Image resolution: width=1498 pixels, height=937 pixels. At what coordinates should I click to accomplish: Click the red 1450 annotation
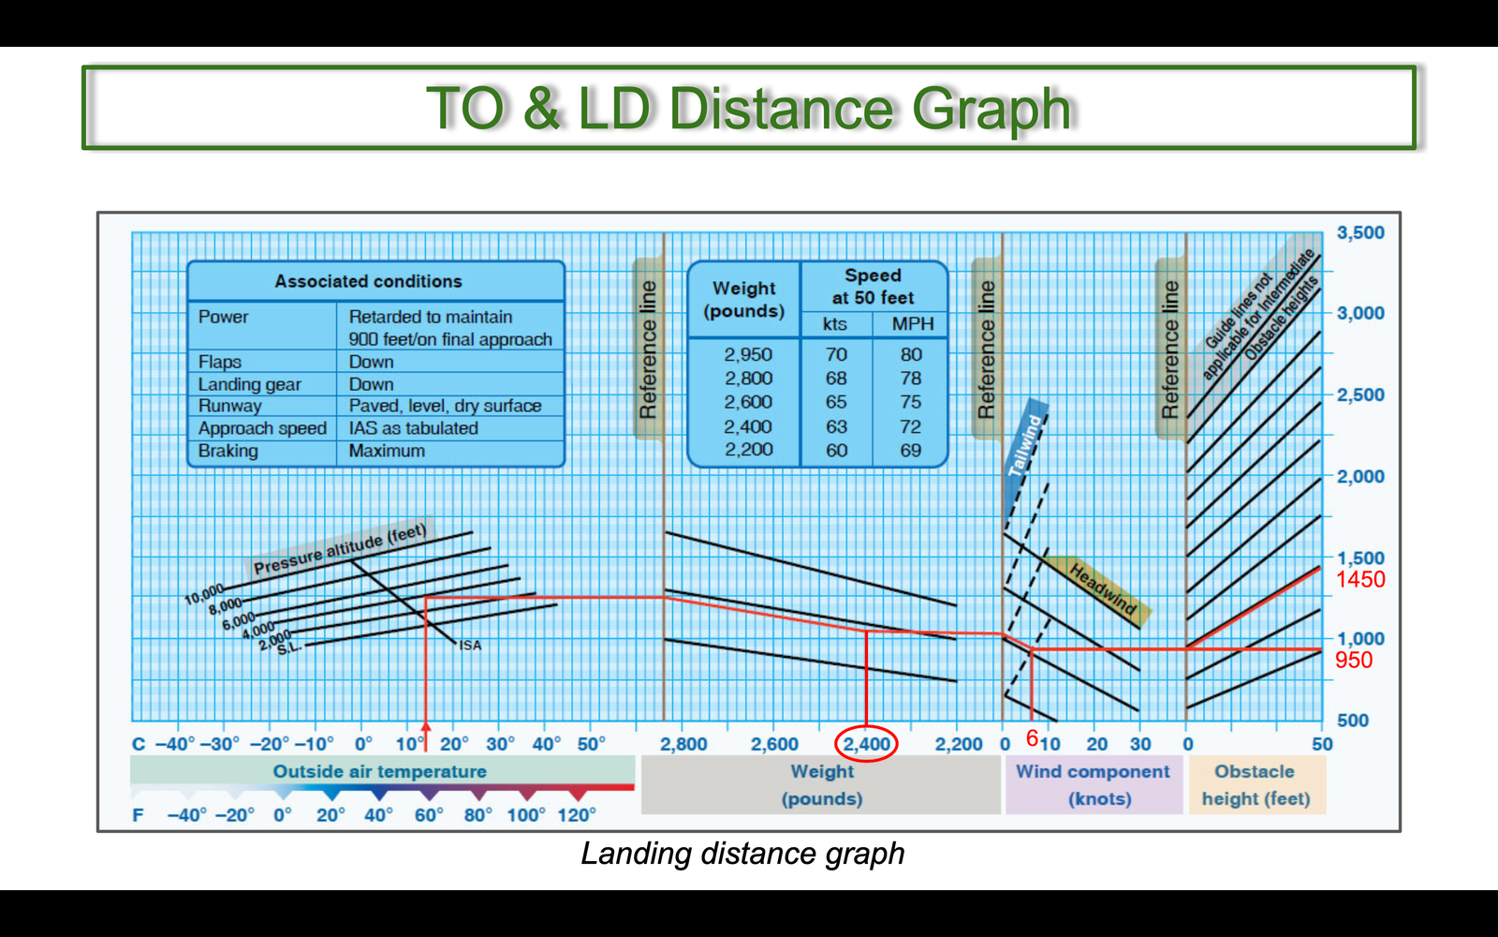click(x=1360, y=579)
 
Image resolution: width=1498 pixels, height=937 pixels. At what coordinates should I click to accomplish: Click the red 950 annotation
click(x=1354, y=660)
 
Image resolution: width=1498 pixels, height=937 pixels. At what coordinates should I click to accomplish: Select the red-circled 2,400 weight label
click(x=866, y=744)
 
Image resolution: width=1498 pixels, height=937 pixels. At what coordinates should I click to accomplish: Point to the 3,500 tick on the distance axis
click(x=1360, y=232)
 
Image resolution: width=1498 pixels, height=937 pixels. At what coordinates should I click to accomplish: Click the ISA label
click(x=470, y=646)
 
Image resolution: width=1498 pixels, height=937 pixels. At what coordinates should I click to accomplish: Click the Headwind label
click(x=1103, y=589)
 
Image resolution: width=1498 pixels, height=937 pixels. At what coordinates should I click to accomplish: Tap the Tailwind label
click(x=1024, y=446)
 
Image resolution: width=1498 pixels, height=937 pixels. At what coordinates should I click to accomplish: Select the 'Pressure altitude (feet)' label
click(x=340, y=549)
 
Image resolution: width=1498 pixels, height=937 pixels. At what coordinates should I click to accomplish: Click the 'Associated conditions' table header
click(x=369, y=281)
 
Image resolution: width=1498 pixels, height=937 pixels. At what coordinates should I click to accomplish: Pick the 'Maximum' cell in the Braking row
click(x=387, y=451)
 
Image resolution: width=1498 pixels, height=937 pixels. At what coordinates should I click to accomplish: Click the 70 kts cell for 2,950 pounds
click(x=836, y=354)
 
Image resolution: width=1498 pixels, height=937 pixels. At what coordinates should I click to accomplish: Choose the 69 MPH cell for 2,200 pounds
click(x=910, y=450)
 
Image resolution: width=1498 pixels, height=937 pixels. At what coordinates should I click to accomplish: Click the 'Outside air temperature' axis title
click(x=379, y=771)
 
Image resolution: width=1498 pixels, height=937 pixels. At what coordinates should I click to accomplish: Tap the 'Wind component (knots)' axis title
click(x=1093, y=784)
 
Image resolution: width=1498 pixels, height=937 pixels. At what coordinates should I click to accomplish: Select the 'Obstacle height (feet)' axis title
click(x=1256, y=784)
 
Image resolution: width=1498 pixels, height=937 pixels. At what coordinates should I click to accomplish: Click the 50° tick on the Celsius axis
click(x=591, y=744)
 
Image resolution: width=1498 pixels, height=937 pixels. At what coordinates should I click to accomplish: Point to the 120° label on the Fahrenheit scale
click(x=576, y=814)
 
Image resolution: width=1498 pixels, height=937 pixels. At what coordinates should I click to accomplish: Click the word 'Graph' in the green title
click(x=991, y=109)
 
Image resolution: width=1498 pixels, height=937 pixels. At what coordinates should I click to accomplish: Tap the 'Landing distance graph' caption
click(x=742, y=854)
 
